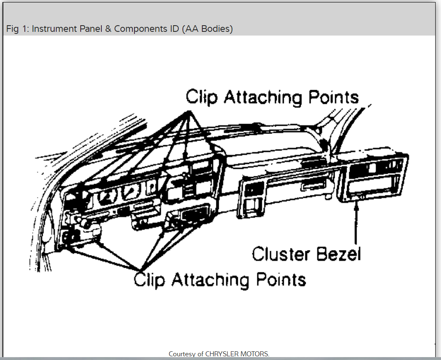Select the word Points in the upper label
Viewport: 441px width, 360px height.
pos(333,98)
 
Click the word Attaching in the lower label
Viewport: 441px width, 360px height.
pos(210,280)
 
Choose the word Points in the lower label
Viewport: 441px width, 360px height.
pos(281,280)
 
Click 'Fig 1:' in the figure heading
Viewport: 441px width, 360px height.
pos(17,29)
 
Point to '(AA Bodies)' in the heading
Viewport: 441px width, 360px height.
pos(207,29)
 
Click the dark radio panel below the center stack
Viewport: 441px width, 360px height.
pos(193,217)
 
